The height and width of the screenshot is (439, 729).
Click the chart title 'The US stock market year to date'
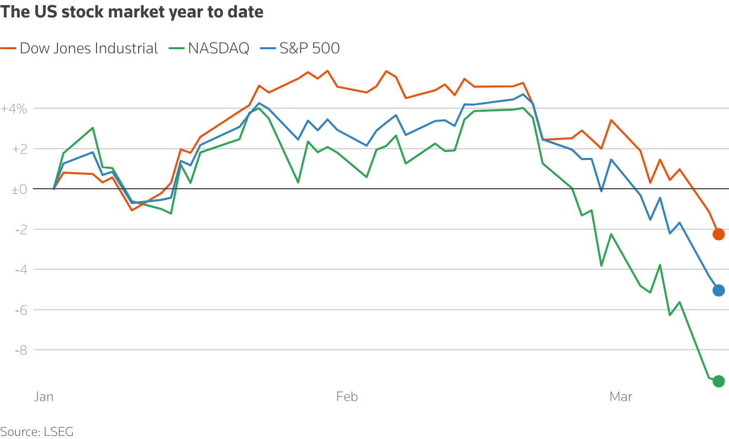tap(132, 12)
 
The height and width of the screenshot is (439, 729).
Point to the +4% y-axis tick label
tap(14, 109)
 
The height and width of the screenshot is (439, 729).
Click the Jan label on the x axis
tap(44, 397)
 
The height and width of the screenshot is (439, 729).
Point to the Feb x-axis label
tap(347, 397)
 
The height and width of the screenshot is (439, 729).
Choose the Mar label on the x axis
tap(621, 397)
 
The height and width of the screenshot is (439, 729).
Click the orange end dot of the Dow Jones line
tap(718, 234)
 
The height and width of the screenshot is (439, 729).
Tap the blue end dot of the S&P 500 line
tap(718, 290)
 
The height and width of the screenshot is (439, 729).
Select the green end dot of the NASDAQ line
tap(718, 381)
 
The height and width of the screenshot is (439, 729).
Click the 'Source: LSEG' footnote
tap(37, 432)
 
